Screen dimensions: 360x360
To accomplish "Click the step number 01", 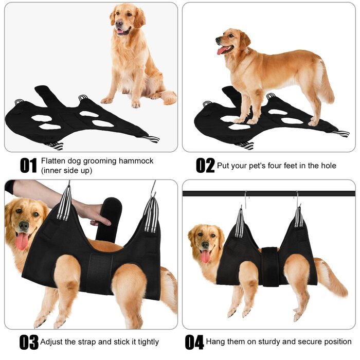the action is (x=28, y=165).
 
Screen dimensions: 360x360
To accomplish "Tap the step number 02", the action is (x=205, y=165).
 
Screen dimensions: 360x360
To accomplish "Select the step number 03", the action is (x=29, y=342).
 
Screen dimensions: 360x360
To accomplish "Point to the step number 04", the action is (x=194, y=342).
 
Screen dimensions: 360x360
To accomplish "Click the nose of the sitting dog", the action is (x=119, y=23).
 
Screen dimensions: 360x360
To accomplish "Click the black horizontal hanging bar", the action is (x=269, y=193).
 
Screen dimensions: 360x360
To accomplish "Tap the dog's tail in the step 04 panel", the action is (x=333, y=278).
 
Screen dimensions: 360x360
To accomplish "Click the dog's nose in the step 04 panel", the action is (x=205, y=245).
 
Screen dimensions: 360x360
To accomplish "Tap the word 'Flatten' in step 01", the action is (x=53, y=160).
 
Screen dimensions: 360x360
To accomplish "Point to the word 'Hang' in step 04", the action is (x=214, y=341).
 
